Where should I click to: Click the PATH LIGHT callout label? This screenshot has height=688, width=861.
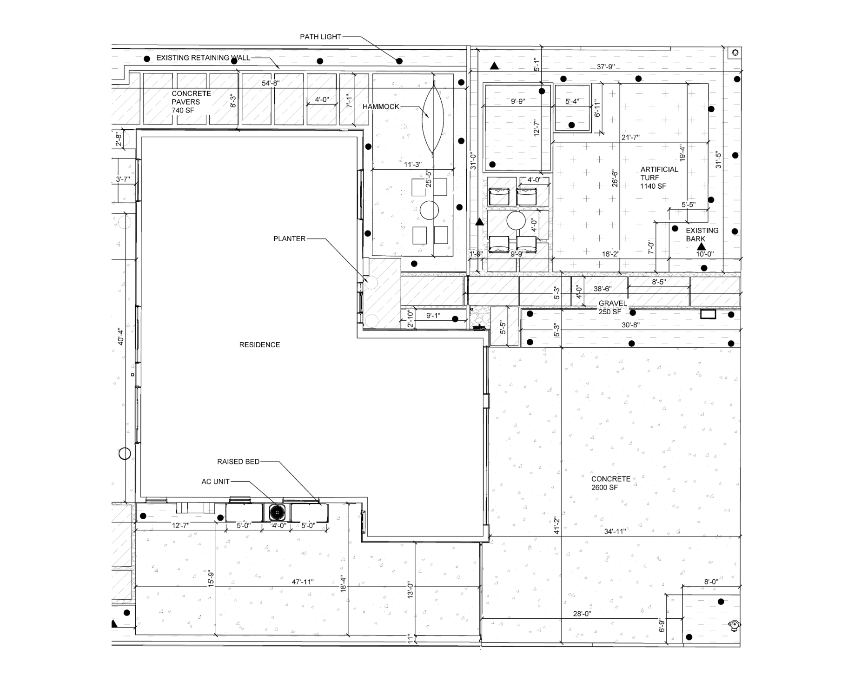pyautogui.click(x=320, y=37)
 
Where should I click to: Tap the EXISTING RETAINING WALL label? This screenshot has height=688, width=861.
pyautogui.click(x=203, y=58)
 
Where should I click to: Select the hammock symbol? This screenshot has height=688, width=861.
pyautogui.click(x=433, y=119)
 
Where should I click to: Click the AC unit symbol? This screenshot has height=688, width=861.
pyautogui.click(x=277, y=512)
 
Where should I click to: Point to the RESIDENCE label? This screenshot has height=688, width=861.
pyautogui.click(x=259, y=345)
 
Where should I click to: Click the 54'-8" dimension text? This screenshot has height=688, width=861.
pyautogui.click(x=271, y=84)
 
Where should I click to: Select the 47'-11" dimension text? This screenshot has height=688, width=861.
pyautogui.click(x=303, y=582)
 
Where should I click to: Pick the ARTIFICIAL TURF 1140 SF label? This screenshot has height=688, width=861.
pyautogui.click(x=659, y=178)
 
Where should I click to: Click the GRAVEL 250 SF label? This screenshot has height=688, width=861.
pyautogui.click(x=612, y=308)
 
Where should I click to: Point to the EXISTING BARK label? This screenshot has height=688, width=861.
pyautogui.click(x=702, y=235)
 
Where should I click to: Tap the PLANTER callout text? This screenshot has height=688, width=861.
pyautogui.click(x=289, y=239)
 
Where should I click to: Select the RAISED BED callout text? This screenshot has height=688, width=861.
pyautogui.click(x=238, y=462)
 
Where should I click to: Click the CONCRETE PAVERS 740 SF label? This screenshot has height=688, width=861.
pyautogui.click(x=191, y=102)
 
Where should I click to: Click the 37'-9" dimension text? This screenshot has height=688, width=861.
pyautogui.click(x=606, y=67)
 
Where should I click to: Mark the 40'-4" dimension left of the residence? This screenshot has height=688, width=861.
pyautogui.click(x=120, y=337)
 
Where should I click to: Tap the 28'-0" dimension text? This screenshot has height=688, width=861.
pyautogui.click(x=582, y=614)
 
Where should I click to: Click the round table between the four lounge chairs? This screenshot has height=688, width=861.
pyautogui.click(x=516, y=220)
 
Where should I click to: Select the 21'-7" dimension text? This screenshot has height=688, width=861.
pyautogui.click(x=630, y=138)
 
